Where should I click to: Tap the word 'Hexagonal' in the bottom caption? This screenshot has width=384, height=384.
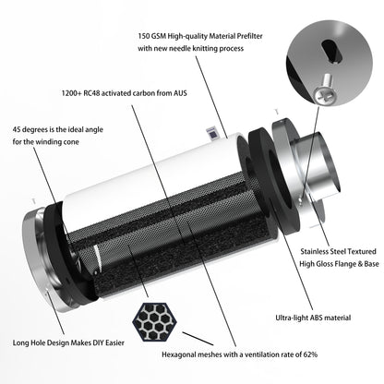point(169,353)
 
